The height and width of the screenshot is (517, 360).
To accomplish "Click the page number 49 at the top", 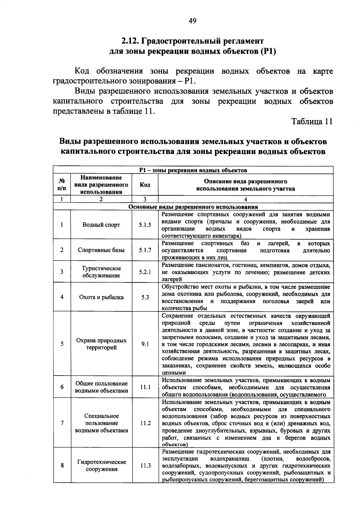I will pos(192,21).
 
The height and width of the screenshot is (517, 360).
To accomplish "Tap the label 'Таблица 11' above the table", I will pos(312,122).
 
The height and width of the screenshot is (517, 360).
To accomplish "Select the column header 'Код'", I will pos(145,185).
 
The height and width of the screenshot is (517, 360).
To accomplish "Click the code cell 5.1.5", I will pos(145,225).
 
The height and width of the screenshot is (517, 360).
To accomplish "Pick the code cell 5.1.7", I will pos(145,250).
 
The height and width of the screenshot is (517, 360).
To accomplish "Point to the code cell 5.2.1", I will pos(145,272).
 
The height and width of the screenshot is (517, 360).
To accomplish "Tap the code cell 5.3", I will pos(145,297).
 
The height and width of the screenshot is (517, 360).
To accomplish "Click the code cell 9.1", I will pos(145,344).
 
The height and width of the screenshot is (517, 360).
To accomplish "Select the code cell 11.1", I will pos(145,387).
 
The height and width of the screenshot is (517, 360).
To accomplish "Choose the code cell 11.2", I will pos(145,423).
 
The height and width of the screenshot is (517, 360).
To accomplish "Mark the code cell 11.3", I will pos(145,466).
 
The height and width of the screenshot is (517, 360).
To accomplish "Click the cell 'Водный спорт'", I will pos(101,225).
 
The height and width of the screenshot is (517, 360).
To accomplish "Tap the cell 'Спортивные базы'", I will pos(101,250).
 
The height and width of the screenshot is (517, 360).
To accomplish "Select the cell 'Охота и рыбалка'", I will pos(101,297).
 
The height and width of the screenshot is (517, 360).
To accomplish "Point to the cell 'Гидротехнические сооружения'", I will pos(101,466).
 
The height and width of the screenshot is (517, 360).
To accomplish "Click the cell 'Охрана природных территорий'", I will pos(101,344).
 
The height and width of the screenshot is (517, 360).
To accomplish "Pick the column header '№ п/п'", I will pos(62,185).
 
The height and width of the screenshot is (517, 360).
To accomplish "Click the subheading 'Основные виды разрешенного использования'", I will pos(193,207).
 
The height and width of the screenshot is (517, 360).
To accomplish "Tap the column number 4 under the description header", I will pos(245,199).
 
